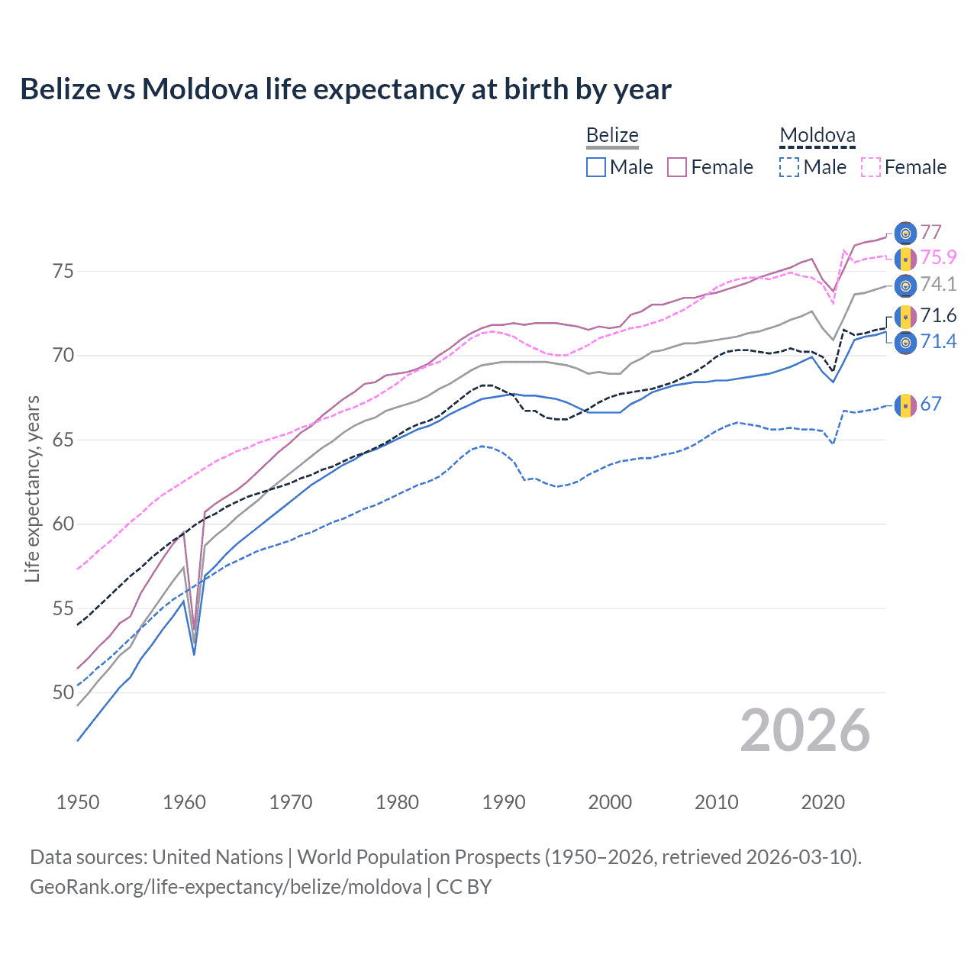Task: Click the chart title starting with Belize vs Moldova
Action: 345,89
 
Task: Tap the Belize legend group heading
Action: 612,136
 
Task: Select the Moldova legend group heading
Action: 817,136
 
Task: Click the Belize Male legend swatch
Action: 596,167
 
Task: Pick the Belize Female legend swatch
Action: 677,167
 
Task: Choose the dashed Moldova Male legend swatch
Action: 789,167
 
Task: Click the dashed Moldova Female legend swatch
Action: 871,167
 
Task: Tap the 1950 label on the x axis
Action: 78,802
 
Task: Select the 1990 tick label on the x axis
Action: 504,802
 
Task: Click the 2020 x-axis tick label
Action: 823,802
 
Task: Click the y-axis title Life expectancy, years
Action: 32,488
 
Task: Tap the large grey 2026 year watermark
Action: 804,730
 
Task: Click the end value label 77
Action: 930,232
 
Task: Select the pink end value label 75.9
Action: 938,258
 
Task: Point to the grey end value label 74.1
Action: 938,285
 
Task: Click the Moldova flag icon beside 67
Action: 904,405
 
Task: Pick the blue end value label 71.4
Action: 938,341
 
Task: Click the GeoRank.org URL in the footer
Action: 226,887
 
